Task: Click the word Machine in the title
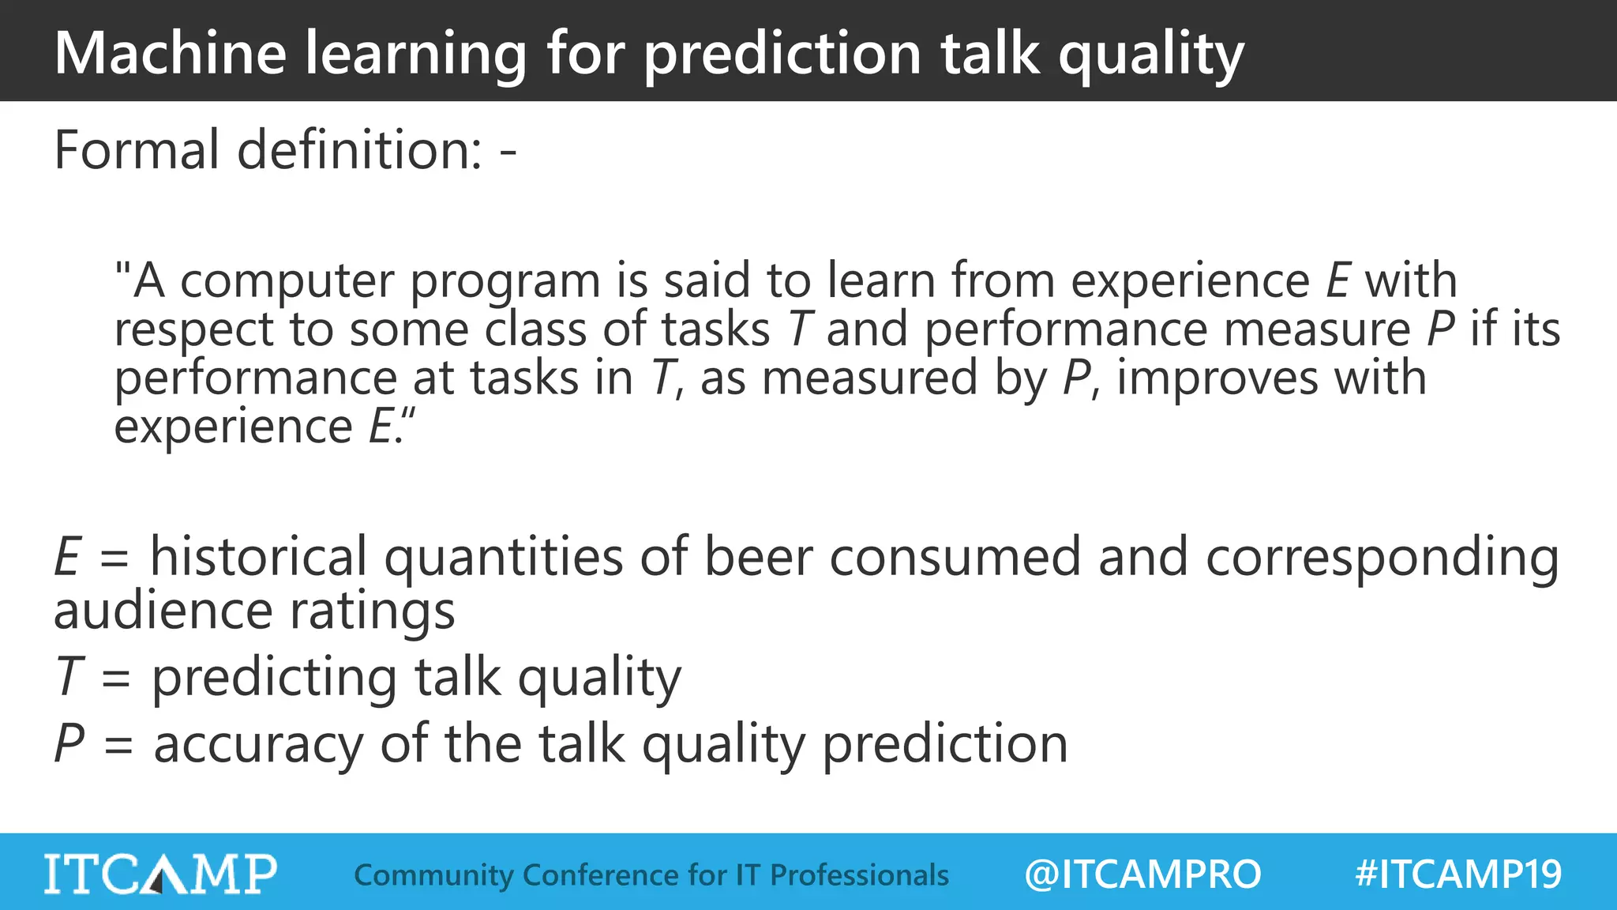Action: click(170, 53)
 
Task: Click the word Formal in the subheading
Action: click(137, 149)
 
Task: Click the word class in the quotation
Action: click(535, 329)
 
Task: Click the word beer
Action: click(758, 556)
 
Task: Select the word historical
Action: click(258, 556)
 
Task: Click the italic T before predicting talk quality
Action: click(69, 677)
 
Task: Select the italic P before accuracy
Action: click(69, 744)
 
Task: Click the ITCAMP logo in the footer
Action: click(160, 874)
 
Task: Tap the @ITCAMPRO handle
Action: click(1142, 874)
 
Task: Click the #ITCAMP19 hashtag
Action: click(1458, 874)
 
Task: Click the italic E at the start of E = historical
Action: click(68, 556)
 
